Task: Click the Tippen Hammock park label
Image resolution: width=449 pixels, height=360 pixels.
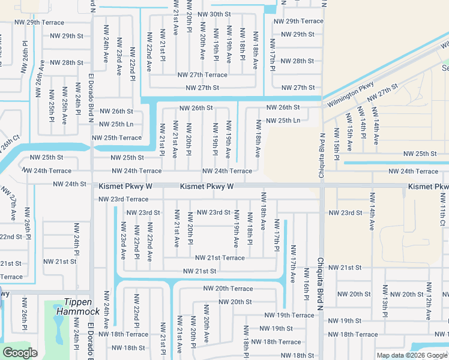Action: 78,307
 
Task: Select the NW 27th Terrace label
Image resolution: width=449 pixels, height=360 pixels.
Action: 202,75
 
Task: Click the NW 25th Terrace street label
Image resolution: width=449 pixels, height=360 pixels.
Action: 116,138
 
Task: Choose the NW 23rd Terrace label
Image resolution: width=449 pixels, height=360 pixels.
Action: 123,199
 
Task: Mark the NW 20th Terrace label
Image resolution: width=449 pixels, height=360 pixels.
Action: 228,289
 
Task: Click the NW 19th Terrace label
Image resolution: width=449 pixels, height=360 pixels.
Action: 289,315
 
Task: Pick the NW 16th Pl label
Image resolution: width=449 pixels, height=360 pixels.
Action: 306,289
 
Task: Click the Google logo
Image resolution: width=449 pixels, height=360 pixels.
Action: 20,353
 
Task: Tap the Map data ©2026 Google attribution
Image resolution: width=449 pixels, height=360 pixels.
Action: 411,355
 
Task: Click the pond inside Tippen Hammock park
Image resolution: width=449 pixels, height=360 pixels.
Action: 58,328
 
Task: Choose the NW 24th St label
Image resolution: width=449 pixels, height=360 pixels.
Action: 70,184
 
